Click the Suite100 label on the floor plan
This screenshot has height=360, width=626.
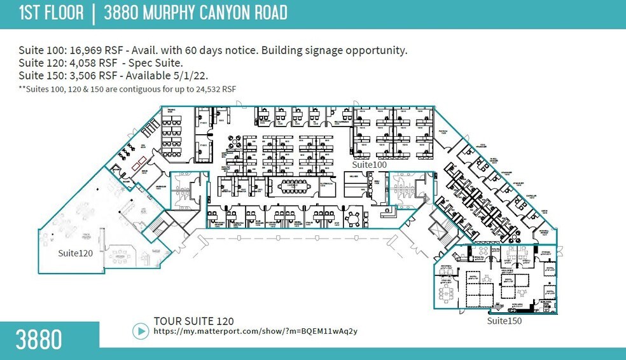(x=370, y=165)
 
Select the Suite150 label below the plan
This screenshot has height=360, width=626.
(x=504, y=321)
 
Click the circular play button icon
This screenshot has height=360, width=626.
(x=140, y=331)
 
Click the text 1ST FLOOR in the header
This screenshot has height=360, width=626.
(x=51, y=12)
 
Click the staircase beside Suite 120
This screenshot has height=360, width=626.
(x=155, y=225)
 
